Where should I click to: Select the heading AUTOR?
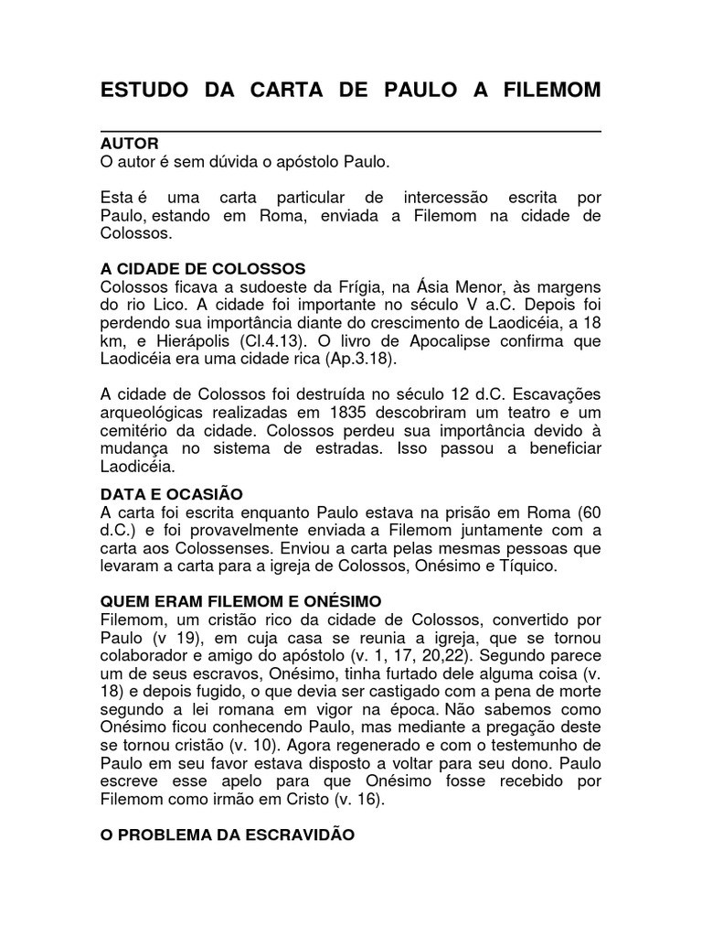(x=129, y=145)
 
